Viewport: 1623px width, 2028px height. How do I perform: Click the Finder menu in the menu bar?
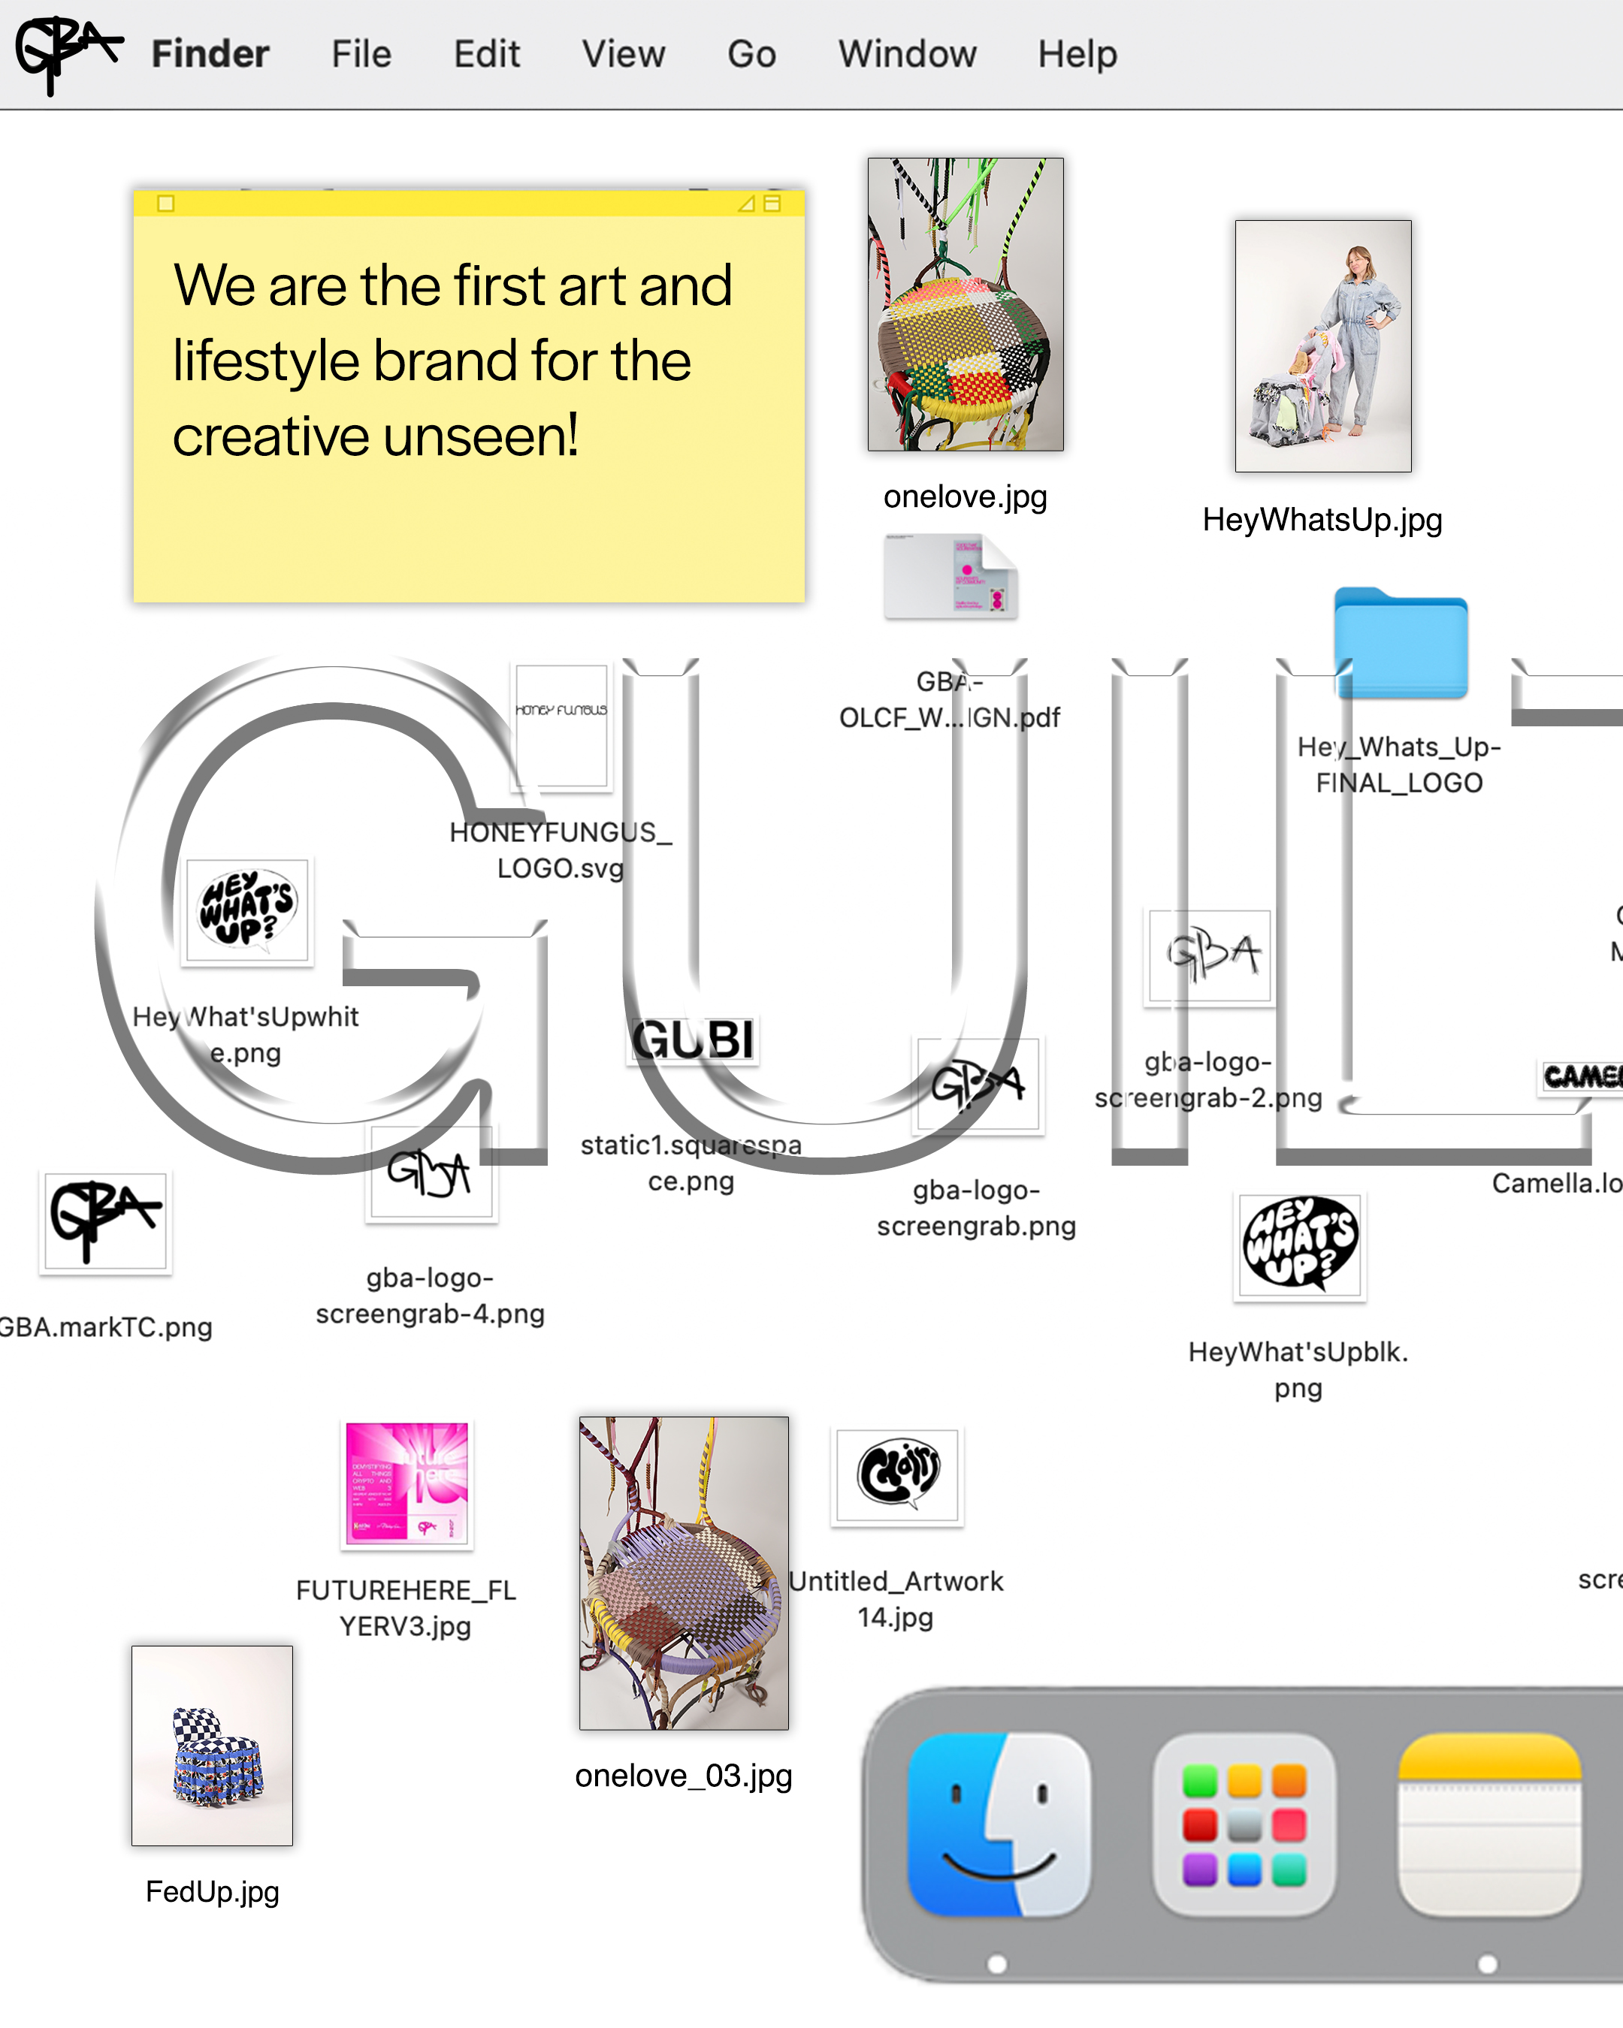click(210, 53)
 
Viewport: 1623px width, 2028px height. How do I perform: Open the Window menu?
click(907, 53)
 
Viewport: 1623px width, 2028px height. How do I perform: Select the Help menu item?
click(1077, 53)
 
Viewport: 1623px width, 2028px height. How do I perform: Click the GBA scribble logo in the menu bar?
click(66, 53)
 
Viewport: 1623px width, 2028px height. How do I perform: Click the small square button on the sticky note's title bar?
click(165, 204)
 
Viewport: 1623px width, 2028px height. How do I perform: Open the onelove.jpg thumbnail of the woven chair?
click(966, 303)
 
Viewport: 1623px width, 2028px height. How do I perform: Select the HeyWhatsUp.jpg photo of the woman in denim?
click(1323, 346)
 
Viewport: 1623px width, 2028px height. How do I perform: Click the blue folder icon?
click(1400, 644)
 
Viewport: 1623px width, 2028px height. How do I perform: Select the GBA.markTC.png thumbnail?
click(104, 1222)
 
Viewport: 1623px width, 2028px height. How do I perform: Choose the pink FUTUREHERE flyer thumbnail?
click(407, 1483)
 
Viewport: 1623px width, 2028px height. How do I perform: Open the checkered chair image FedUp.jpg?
click(212, 1745)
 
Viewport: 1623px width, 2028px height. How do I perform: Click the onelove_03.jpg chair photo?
click(684, 1573)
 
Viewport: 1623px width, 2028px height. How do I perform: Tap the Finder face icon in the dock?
click(999, 1824)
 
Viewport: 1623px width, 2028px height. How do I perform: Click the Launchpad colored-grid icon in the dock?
click(1244, 1824)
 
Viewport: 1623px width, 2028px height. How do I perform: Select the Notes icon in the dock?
click(1489, 1824)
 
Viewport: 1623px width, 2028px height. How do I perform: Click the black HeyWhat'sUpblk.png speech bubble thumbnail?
click(1299, 1246)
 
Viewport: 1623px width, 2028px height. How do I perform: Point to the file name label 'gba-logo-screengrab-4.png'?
click(430, 1295)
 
